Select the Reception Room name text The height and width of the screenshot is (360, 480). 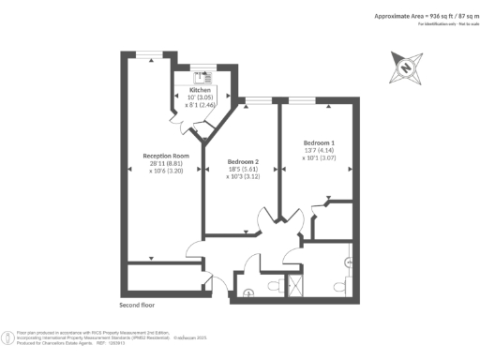(166, 156)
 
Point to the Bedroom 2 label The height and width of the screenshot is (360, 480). (243, 161)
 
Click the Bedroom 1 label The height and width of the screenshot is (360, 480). (318, 142)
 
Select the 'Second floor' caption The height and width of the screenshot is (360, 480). (138, 306)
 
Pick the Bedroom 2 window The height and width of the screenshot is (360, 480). (257, 99)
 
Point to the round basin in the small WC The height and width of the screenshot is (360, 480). (248, 292)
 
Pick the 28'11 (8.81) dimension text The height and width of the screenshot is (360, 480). (166, 165)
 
